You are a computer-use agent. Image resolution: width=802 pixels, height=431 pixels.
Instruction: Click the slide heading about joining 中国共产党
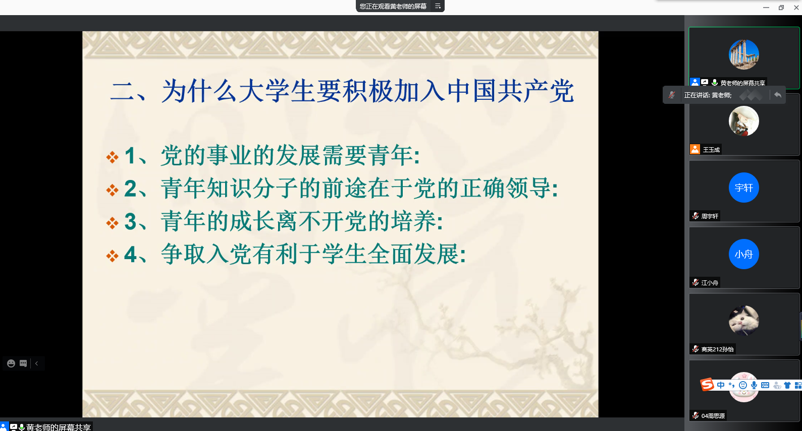(342, 91)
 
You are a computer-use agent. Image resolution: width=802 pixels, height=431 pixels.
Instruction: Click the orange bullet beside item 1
(113, 157)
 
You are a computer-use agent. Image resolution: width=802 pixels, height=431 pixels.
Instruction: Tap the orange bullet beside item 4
(113, 256)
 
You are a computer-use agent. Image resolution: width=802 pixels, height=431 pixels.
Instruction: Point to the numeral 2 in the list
(130, 189)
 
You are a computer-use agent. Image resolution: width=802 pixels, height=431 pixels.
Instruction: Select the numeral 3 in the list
(130, 221)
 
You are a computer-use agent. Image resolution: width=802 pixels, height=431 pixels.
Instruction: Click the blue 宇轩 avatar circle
(743, 188)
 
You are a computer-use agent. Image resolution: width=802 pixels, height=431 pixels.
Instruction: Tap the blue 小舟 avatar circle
(743, 254)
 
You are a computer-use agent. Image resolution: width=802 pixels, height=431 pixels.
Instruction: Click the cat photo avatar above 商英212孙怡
(743, 321)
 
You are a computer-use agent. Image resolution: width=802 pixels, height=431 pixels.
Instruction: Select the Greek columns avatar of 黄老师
(743, 54)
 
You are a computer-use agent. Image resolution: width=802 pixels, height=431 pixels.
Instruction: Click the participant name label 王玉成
(711, 150)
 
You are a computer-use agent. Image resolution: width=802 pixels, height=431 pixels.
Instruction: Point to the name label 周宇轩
(710, 216)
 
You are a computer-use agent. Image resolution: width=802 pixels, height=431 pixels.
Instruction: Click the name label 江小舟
(710, 283)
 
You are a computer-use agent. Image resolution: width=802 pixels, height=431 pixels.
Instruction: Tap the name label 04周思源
(713, 415)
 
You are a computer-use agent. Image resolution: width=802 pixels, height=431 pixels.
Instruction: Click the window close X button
(796, 8)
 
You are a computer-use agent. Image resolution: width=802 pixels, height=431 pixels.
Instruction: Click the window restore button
(781, 8)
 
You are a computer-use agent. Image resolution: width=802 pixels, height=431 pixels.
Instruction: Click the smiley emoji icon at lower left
(11, 363)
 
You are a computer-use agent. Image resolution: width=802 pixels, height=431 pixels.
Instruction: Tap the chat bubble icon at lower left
(23, 363)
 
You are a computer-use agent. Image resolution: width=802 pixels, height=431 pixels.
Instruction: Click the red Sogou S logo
(707, 385)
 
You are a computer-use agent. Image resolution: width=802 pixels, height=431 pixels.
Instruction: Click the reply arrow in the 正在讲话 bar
(778, 95)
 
